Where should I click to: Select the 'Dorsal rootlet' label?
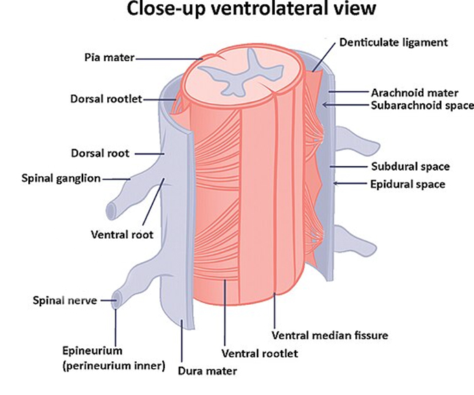[x=105, y=99]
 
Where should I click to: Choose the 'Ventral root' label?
[x=122, y=234]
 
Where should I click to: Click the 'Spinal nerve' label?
[x=65, y=300]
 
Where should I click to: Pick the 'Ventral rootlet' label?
[x=259, y=354]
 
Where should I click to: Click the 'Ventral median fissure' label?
[x=330, y=336]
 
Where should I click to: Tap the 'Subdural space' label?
[x=411, y=167]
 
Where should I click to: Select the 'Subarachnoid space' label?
[x=422, y=105]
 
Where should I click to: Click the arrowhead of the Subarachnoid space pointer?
[x=324, y=105]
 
